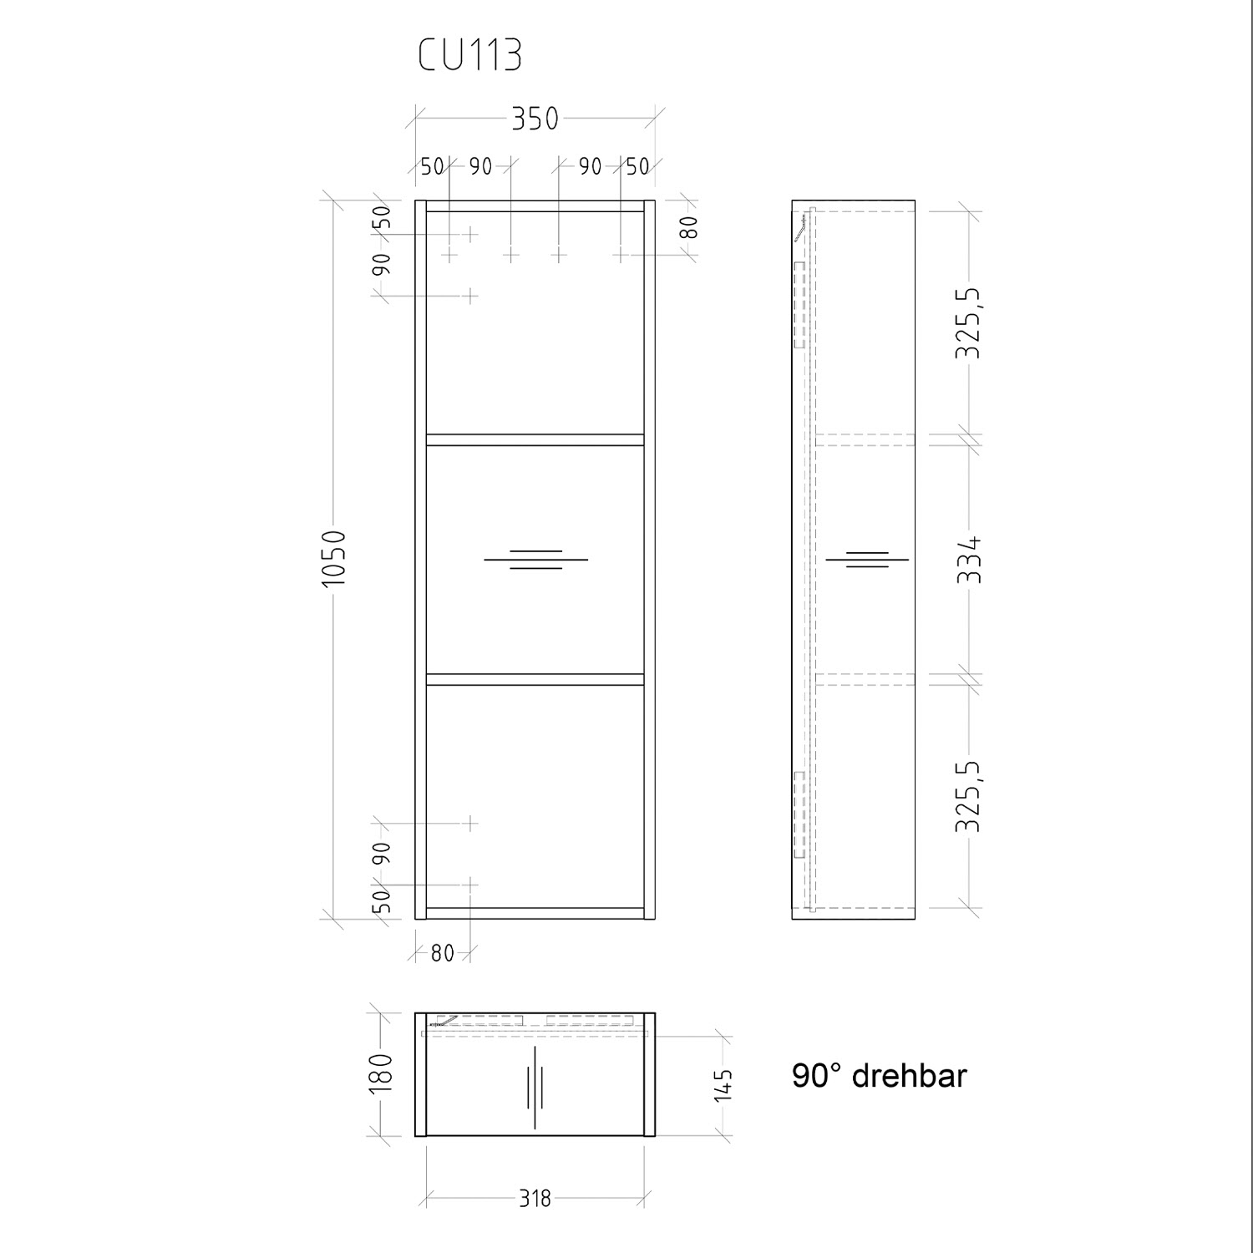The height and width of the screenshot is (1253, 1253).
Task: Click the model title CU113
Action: [470, 56]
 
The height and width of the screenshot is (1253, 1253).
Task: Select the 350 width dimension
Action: [535, 119]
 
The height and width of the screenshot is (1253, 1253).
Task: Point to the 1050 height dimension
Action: [333, 557]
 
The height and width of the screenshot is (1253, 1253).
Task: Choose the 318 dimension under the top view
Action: [535, 1199]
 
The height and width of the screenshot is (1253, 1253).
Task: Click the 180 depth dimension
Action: [380, 1073]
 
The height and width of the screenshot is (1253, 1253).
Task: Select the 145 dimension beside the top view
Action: [723, 1085]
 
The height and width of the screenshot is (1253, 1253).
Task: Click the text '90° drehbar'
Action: [879, 1076]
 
